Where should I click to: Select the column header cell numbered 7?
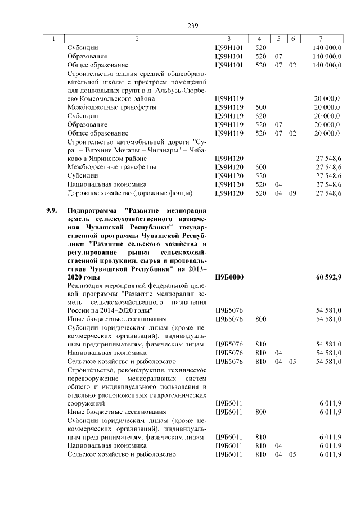click(x=320, y=39)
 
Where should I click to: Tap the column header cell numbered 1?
click(x=53, y=39)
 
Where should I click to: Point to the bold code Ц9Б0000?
click(x=229, y=278)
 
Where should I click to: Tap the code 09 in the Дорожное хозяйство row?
click(x=292, y=193)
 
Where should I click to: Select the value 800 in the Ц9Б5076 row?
click(x=260, y=319)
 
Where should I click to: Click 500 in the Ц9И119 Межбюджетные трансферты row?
click(x=260, y=107)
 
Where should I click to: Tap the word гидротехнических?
click(x=175, y=395)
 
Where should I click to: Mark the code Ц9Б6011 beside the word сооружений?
click(x=229, y=403)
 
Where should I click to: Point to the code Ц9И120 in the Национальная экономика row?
click(x=229, y=184)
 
